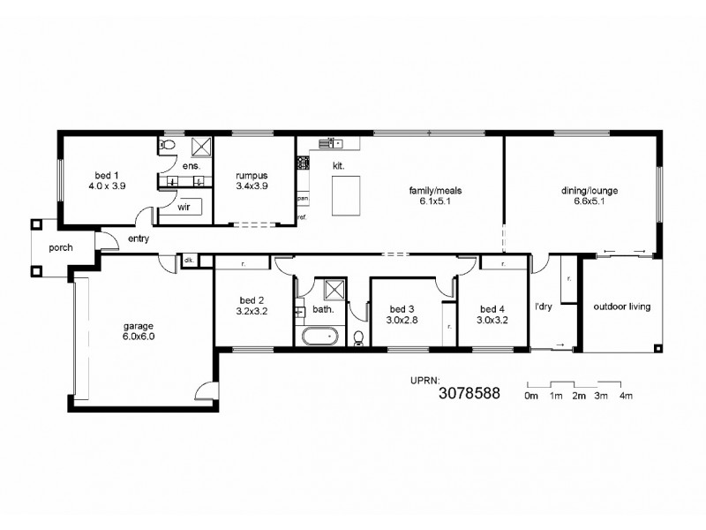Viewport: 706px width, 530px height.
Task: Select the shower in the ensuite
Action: point(200,147)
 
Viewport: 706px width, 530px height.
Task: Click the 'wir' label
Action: point(184,208)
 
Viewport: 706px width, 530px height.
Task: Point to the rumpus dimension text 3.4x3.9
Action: point(252,186)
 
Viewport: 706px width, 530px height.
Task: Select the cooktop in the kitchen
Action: point(303,163)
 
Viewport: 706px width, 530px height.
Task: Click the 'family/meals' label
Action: point(435,190)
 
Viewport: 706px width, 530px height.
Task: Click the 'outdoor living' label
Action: point(621,307)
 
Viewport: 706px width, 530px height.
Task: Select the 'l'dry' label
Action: point(544,307)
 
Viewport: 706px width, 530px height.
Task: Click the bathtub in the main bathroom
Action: point(319,336)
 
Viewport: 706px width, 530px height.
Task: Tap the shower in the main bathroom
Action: point(334,289)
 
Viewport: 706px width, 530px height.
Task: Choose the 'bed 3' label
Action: point(402,309)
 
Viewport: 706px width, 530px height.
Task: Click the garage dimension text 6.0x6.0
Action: point(139,336)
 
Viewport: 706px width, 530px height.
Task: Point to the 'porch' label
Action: point(60,247)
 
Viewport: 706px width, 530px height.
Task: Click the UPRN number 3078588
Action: point(469,395)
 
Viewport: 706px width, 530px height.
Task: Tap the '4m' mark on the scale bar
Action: point(626,397)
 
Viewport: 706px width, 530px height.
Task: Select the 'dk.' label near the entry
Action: point(189,260)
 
